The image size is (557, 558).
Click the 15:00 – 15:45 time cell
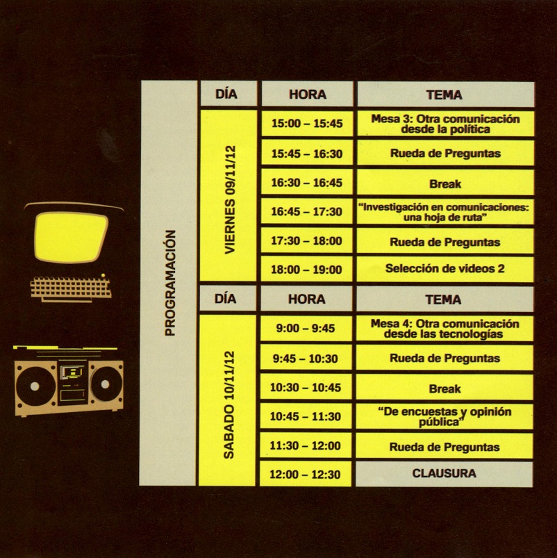pos(307,124)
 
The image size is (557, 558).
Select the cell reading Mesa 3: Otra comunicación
pos(444,124)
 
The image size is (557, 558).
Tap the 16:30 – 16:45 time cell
pos(307,183)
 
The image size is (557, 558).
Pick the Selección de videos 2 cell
pos(444,269)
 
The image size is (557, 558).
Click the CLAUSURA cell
pos(444,474)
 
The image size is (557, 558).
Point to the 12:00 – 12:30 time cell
pos(307,475)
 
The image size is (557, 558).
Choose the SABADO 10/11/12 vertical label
pos(228,404)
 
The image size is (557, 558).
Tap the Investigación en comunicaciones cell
pos(444,212)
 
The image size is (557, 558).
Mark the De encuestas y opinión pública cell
pos(444,416)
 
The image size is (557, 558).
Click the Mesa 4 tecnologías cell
pos(444,329)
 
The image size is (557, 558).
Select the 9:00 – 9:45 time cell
pos(307,329)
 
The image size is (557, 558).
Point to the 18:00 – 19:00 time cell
pos(307,270)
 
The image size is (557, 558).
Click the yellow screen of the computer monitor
pos(68,236)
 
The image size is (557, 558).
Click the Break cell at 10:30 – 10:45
pos(444,388)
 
